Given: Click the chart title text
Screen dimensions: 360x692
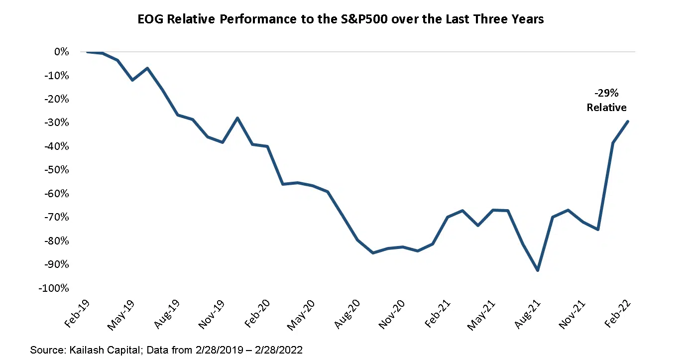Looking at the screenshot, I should [x=341, y=19].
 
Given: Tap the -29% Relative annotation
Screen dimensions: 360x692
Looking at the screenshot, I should [x=606, y=100].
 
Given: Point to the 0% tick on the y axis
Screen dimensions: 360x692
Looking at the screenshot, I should [x=62, y=52].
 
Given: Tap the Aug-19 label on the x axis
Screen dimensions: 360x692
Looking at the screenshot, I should [x=166, y=315].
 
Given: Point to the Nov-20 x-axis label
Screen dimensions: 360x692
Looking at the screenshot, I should [x=392, y=315].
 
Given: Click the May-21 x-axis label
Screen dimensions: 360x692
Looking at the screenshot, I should [x=482, y=315].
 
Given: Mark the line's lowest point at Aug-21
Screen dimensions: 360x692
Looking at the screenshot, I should [x=538, y=270].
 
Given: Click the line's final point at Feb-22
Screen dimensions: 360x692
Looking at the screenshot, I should [x=628, y=121].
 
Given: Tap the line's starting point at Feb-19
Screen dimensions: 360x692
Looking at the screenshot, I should [x=87, y=52].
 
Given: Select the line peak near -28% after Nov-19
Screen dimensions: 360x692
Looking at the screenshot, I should [x=237, y=118].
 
